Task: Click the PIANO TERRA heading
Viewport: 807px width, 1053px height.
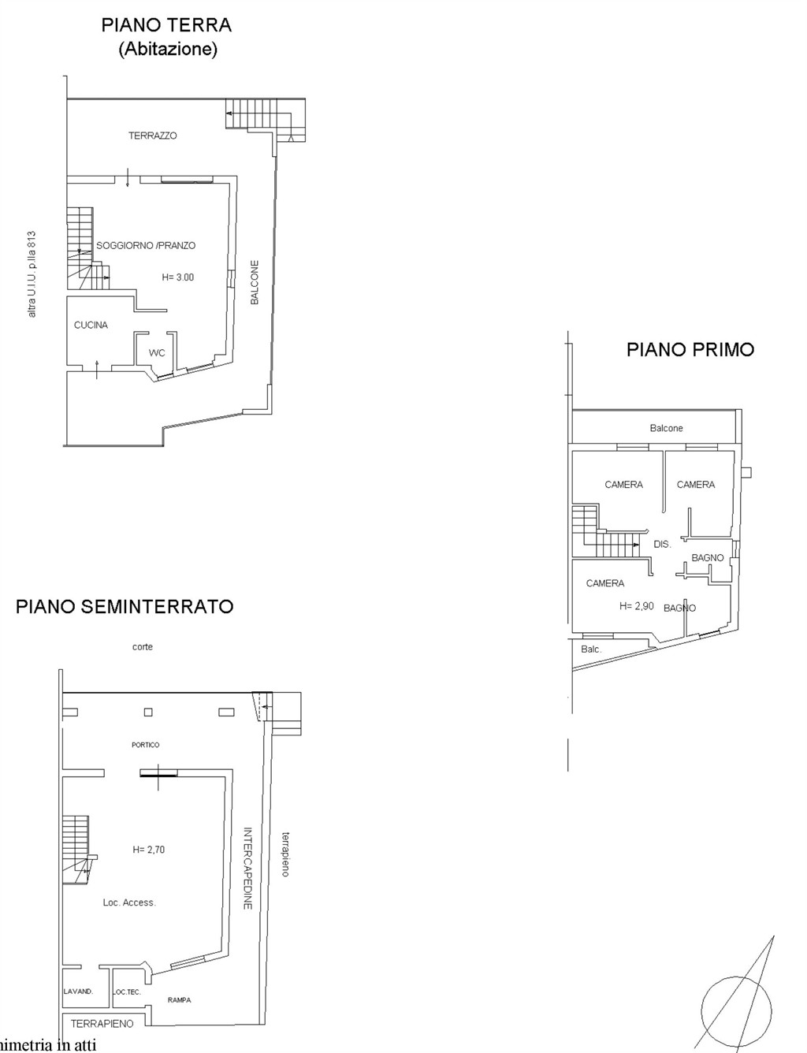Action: [166, 25]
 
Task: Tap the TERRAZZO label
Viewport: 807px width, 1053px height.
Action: [153, 136]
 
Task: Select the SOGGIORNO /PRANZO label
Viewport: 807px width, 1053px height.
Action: [146, 245]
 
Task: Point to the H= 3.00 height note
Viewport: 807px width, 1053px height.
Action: [178, 277]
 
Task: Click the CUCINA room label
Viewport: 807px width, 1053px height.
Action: [91, 325]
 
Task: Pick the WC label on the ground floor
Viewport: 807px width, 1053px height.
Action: [157, 353]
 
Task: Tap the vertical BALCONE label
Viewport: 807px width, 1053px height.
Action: [255, 282]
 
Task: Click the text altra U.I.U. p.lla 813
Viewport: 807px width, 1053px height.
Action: [32, 274]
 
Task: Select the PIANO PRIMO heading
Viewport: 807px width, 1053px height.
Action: [690, 349]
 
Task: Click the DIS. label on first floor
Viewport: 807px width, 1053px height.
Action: [662, 544]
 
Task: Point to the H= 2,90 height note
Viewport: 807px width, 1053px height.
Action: [637, 606]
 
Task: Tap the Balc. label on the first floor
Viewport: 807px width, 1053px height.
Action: [591, 649]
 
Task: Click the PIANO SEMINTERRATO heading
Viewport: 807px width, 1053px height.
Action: [125, 606]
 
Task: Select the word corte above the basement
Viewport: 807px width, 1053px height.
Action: [143, 647]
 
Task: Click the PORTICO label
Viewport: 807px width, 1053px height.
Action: [146, 745]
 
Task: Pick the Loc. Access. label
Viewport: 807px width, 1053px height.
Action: [129, 902]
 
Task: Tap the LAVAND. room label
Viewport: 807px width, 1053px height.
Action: [79, 992]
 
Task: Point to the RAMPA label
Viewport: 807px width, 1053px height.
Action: [179, 1000]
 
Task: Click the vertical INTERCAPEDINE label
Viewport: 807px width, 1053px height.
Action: [247, 869]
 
